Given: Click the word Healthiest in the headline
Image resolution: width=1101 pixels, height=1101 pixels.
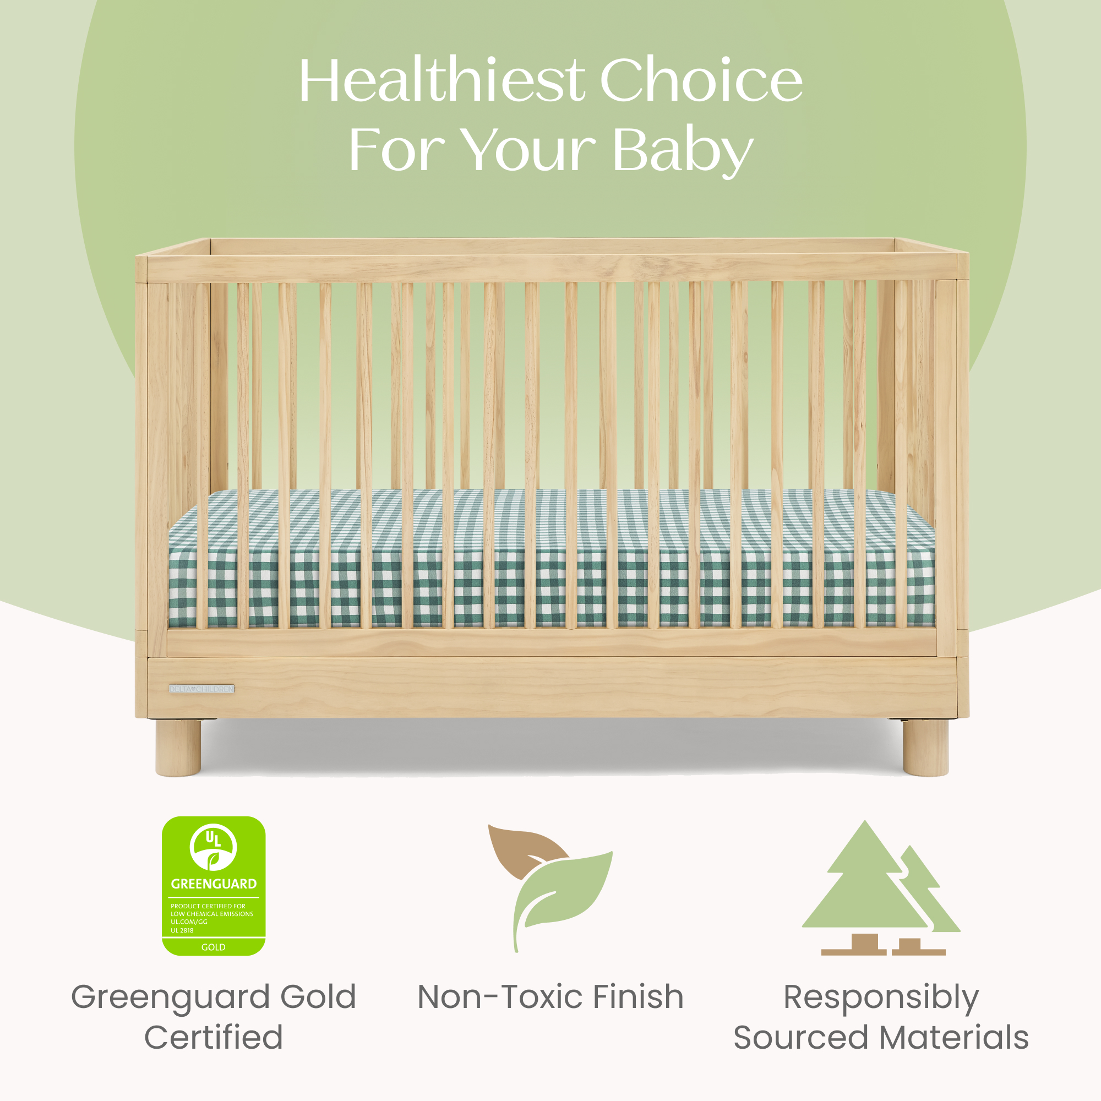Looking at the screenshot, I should (x=442, y=81).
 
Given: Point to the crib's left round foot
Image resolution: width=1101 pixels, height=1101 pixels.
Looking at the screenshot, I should (x=178, y=747).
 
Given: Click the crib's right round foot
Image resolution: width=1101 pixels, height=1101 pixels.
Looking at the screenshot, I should (x=925, y=747).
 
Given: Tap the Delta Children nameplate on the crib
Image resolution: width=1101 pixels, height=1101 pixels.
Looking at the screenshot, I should (x=201, y=689).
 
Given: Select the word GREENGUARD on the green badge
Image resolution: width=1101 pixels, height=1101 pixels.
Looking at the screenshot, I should (x=214, y=884).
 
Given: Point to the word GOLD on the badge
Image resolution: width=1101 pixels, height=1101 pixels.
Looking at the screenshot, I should (x=213, y=947).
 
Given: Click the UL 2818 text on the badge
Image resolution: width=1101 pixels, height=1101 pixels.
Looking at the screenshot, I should (x=182, y=930).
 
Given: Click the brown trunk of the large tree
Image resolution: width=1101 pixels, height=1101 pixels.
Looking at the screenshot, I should (x=865, y=944).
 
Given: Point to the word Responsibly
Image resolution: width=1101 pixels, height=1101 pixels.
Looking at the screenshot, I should (x=881, y=999).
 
